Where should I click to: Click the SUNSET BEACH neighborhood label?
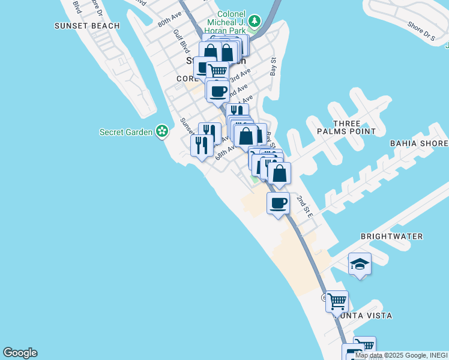click(x=87, y=26)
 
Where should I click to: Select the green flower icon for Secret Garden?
click(x=161, y=131)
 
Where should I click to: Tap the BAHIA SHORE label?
click(x=419, y=143)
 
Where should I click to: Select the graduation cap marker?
click(x=360, y=264)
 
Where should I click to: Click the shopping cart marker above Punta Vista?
click(x=337, y=301)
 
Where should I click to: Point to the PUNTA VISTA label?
click(x=366, y=316)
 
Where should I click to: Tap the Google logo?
click(x=20, y=353)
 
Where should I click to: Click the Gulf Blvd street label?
click(x=181, y=41)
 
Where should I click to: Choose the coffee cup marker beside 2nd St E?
click(x=278, y=203)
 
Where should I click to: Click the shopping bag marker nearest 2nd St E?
click(x=279, y=173)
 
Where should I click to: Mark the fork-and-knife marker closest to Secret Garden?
click(x=202, y=145)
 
